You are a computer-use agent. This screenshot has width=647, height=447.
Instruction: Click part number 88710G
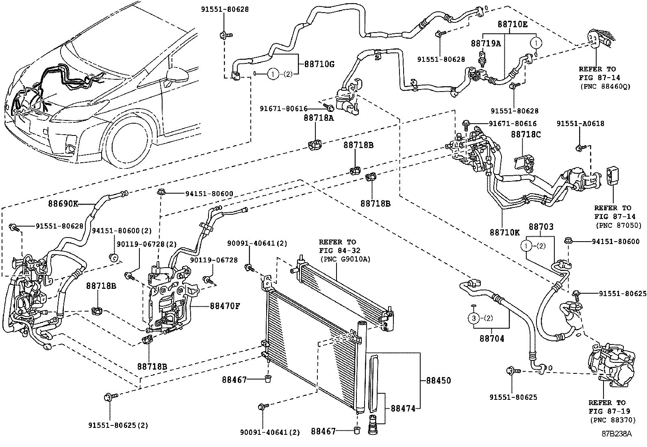pyautogui.click(x=317, y=64)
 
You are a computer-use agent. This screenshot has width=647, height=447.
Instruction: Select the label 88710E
pyautogui.click(x=512, y=24)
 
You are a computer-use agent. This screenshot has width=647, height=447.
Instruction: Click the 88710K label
pyautogui.click(x=504, y=232)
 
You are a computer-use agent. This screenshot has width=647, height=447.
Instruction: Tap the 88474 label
pyautogui.click(x=403, y=408)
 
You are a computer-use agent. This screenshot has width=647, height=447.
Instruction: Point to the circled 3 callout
pyautogui.click(x=473, y=318)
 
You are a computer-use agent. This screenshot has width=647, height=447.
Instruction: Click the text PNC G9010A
pyautogui.click(x=345, y=258)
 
